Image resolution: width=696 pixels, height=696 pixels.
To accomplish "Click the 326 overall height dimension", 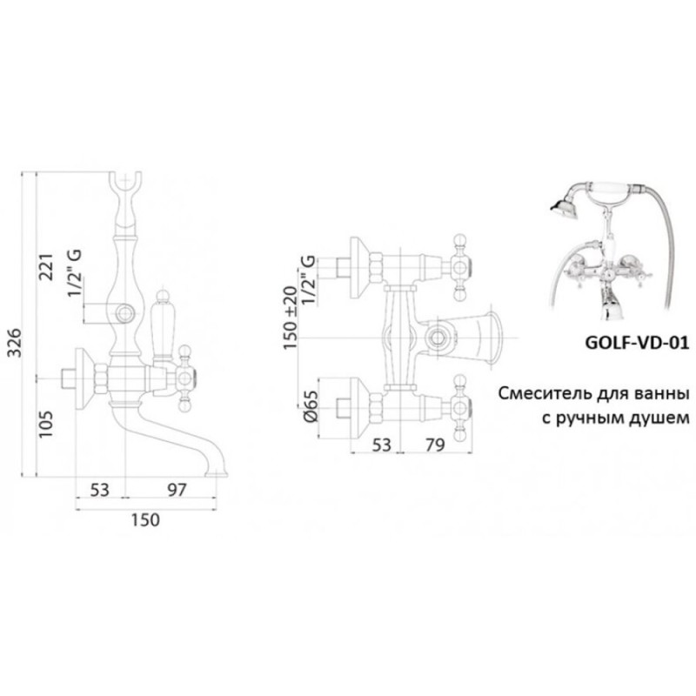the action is click(16, 343).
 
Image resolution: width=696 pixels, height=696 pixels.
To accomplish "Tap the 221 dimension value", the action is click(46, 267).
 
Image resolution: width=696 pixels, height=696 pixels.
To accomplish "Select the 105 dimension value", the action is click(46, 424).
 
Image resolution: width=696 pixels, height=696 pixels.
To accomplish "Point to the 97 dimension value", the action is click(177, 490).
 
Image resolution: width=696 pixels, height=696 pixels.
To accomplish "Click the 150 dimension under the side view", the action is click(145, 519).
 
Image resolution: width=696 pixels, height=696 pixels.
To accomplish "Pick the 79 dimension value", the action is click(434, 445).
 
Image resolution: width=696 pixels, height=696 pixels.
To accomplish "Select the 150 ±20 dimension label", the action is click(291, 318).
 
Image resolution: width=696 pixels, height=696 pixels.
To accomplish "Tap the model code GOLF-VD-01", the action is click(638, 343).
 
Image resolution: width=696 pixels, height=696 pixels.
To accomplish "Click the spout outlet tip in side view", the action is click(216, 474).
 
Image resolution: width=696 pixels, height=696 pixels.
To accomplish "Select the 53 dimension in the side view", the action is click(99, 490).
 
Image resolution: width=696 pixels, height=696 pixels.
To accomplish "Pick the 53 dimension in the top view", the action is click(381, 445).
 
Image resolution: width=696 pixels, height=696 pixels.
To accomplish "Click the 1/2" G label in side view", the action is click(75, 273).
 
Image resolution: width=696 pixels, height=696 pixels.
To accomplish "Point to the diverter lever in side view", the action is click(162, 324).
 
